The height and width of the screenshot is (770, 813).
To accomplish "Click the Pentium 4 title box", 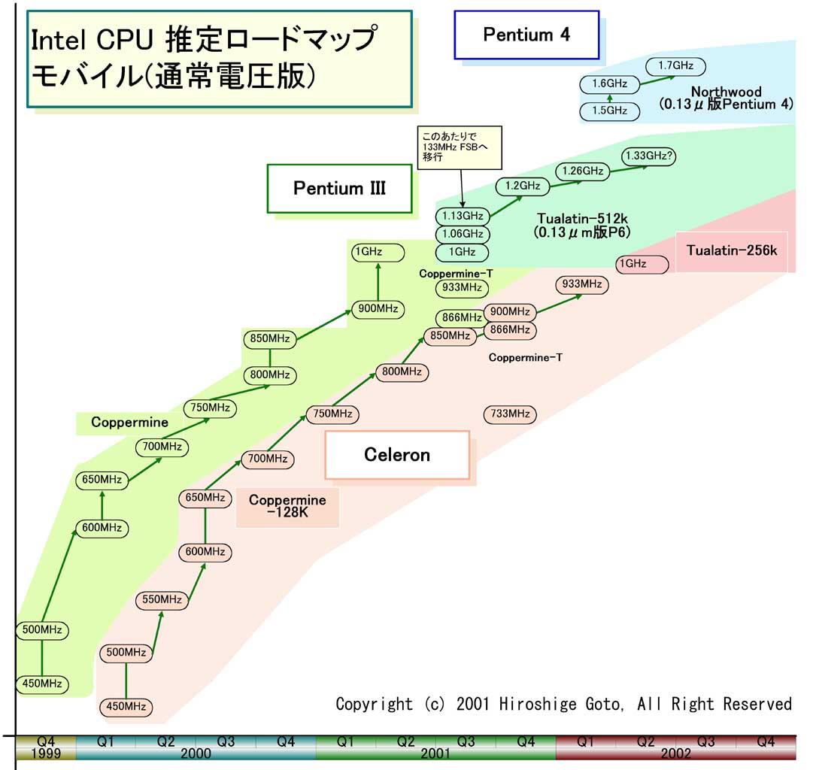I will coord(526,35).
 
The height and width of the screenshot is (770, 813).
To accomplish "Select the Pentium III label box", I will coord(340,188).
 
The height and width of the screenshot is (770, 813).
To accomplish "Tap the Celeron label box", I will coord(397,455).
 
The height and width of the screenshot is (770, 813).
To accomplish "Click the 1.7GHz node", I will coord(675,65).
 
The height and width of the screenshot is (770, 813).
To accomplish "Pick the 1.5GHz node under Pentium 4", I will coord(609,111).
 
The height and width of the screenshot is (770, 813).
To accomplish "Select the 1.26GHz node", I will coord(581,171).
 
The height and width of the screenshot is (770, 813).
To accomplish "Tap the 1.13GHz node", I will coord(463,217).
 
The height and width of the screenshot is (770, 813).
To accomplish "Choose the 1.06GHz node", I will coord(463,234).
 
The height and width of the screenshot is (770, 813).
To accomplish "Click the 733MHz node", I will coord(511,414).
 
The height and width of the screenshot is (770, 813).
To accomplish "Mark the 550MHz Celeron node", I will coord(161,599).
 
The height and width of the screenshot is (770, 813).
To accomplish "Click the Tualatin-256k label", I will coord(731,251).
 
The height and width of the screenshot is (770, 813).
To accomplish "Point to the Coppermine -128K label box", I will coord(287,506).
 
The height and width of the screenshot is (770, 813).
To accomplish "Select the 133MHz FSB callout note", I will coord(459,147).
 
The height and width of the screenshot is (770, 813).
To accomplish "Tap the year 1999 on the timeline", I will coord(45,753).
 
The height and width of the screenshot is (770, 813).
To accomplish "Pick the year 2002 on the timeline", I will coord(675,753).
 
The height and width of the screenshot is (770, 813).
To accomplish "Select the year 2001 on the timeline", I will coord(435,753).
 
